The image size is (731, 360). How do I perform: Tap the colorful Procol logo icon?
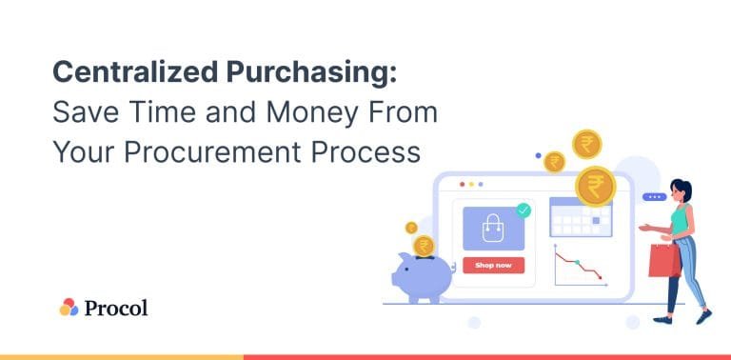(x=69, y=307)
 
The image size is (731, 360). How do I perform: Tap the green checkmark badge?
(x=523, y=210)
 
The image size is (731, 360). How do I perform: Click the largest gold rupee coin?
(x=596, y=185)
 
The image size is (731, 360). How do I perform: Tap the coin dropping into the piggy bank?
(x=425, y=246)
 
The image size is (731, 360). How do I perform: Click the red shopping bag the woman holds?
(x=663, y=257)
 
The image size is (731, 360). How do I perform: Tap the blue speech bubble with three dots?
(x=654, y=197)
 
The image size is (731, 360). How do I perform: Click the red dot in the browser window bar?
(x=463, y=183)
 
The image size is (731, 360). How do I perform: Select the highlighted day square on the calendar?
(x=596, y=221)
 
